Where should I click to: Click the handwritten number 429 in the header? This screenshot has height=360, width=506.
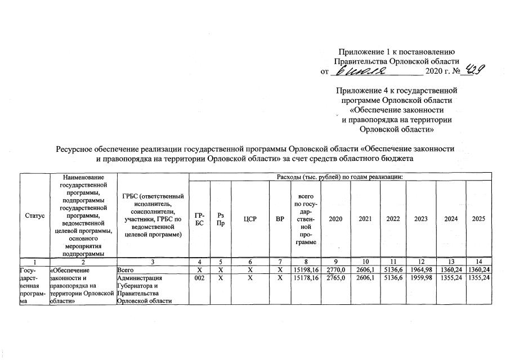pos(476,71)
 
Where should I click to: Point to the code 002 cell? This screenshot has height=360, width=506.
pos(199,278)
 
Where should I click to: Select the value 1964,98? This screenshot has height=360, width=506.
pos(420,270)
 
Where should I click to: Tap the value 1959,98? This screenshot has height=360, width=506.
pos(420,278)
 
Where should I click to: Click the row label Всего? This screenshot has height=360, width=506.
pos(124,270)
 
